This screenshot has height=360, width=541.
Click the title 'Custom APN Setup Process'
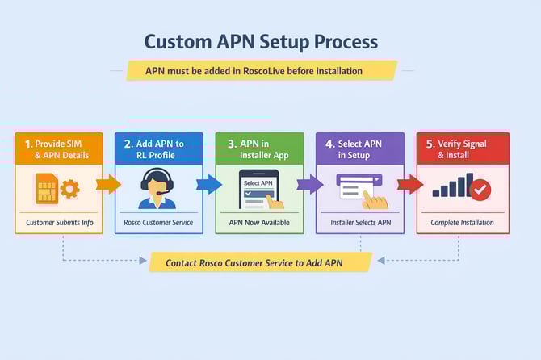coord(260,42)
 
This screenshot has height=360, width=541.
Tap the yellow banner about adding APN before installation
coord(261,71)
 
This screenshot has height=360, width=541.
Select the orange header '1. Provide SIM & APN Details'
coord(59,149)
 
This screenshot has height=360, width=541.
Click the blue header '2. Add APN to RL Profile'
coord(159,149)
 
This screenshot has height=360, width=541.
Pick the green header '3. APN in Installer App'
coord(259,149)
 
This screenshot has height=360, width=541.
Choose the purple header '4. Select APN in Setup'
coord(359,149)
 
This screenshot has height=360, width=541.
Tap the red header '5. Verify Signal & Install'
coord(463,149)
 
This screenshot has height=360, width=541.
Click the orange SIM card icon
coord(47,189)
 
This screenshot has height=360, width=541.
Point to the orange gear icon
coord(70,190)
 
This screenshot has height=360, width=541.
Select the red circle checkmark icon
coord(480,190)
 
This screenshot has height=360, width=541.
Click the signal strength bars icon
coord(452,187)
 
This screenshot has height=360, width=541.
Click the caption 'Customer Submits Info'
coord(59,222)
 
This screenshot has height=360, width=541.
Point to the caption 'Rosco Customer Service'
coord(159,222)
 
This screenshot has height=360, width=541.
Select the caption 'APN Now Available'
coord(259,222)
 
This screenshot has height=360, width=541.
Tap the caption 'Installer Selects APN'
coord(359,222)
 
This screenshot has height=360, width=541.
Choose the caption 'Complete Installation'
coord(463,222)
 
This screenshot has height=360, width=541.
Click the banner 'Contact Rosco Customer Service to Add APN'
coord(260,262)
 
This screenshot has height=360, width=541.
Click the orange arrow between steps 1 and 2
coord(108,185)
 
